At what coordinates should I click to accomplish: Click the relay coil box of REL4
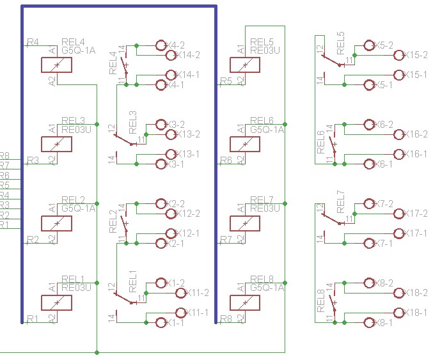point(56,65)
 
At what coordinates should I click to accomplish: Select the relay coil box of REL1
point(56,302)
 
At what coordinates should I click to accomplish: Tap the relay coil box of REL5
point(244,65)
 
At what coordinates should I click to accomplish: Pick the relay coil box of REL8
point(244,302)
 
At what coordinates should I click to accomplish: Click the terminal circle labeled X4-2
point(161,45)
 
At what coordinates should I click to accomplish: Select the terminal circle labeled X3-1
point(161,164)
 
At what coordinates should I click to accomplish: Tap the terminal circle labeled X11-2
point(180,293)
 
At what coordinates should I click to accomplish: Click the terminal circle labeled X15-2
point(400,55)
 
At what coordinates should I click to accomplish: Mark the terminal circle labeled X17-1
point(400,233)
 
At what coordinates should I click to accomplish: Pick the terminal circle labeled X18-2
point(400,293)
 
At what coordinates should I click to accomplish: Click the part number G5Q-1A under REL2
point(78,208)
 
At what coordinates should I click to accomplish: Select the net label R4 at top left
point(33,42)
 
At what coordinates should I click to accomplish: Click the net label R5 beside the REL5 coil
point(226,81)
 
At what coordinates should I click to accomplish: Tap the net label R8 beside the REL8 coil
point(226,318)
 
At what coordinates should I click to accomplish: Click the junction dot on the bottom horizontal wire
point(97,352)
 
